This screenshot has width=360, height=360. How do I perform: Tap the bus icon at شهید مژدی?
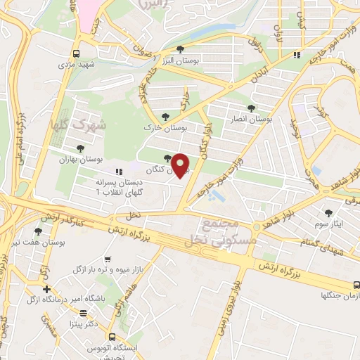pos(76,53)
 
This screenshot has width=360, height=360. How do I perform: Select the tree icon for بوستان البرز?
pos(181,49)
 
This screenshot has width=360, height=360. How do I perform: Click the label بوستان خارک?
pos(163,129)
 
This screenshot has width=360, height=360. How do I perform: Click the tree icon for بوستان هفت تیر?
pos(37,231)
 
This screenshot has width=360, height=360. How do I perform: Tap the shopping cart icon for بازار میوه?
pos(107,259)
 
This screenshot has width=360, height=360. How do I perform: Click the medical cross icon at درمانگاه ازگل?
pos(46,289)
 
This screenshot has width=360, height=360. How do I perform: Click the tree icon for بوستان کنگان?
pos(167,158)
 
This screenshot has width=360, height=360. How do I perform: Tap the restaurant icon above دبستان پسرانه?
pos(119,171)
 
